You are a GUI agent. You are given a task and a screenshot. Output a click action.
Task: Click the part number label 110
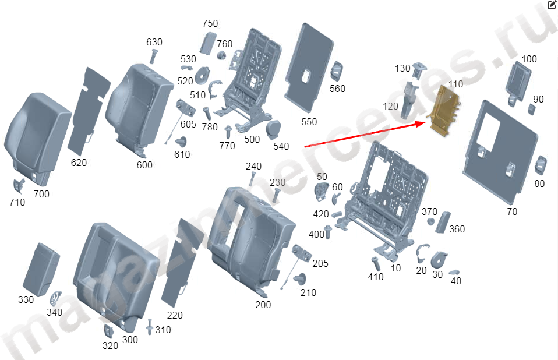[456, 84]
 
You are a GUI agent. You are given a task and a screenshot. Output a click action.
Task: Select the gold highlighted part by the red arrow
[444, 110]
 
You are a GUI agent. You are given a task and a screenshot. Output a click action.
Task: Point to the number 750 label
[210, 23]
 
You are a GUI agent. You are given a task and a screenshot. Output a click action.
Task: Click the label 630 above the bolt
[154, 42]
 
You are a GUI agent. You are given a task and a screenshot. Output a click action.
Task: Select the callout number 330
[26, 299]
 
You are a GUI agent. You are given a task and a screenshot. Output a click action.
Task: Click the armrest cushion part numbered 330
[41, 269]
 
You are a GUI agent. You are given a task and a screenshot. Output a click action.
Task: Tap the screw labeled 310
[150, 326]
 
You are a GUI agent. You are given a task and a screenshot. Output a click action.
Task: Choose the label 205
[320, 263]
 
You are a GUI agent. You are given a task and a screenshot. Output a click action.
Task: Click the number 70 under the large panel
[512, 211]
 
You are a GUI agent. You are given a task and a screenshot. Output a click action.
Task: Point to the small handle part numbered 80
[541, 165]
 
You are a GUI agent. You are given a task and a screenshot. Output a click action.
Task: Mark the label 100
[529, 59]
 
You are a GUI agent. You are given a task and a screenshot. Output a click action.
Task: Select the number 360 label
[457, 229]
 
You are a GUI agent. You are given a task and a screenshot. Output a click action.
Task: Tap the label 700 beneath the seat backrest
[41, 194]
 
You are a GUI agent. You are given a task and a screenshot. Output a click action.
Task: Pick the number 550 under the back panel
[309, 122]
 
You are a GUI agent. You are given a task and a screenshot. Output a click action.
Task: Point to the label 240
[253, 166]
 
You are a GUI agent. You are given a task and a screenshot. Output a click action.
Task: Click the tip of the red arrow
[426, 122]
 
